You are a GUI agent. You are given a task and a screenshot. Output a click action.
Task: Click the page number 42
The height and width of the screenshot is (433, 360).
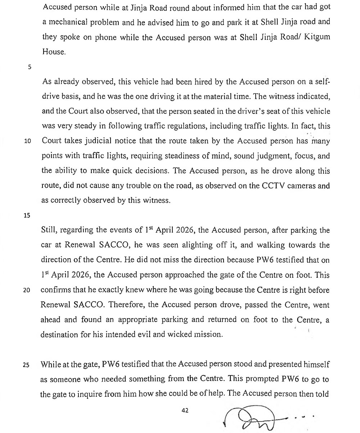[185, 410]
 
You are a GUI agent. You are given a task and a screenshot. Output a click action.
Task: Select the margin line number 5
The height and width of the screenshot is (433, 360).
[30, 66]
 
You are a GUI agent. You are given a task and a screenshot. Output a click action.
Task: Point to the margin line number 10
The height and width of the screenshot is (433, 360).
[27, 141]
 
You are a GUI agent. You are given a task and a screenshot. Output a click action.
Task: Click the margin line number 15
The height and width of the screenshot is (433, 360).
[27, 215]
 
